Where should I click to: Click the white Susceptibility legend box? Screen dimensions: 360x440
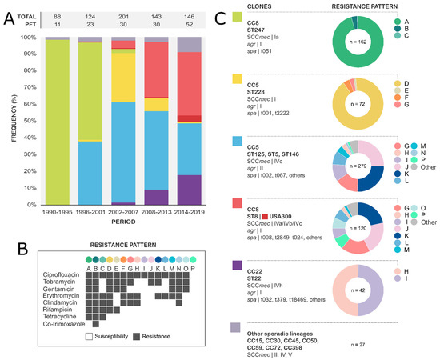point(90,340)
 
